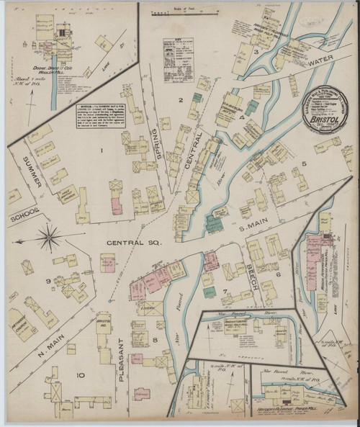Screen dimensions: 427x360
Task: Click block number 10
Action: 80,374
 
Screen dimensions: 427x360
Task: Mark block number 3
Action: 255,53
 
